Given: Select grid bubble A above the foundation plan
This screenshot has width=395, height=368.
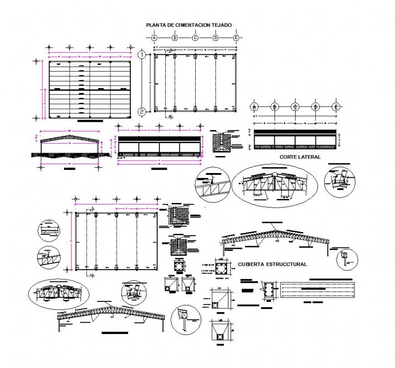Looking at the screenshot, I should [x=154, y=38].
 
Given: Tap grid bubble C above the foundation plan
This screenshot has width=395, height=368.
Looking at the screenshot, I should [x=195, y=38].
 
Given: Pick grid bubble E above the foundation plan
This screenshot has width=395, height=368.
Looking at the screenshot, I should [x=236, y=38].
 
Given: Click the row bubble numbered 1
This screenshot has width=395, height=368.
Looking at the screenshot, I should [x=142, y=54].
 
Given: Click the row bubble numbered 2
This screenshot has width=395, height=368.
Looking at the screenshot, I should [x=142, y=111].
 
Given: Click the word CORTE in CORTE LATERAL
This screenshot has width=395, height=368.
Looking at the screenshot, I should [x=288, y=157].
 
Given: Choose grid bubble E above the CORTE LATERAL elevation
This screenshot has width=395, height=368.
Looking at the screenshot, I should [x=336, y=107].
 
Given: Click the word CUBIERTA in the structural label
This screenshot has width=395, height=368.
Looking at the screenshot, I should [x=252, y=264].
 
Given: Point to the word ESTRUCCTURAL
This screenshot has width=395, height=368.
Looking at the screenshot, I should [x=287, y=264].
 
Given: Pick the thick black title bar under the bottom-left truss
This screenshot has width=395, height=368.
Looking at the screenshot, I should [x=115, y=333].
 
